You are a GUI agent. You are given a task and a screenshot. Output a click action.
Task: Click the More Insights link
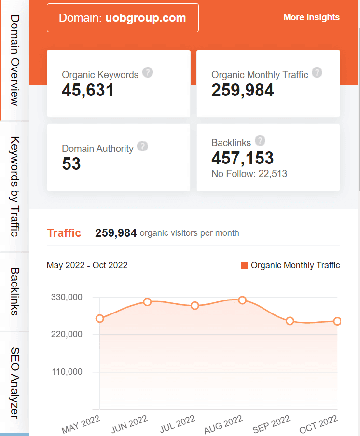click(311, 17)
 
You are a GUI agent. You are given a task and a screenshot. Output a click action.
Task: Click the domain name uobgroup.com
click(145, 18)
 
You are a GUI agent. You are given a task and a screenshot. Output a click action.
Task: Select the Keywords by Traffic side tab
click(14, 187)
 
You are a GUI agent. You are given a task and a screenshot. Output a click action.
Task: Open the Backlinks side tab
click(14, 292)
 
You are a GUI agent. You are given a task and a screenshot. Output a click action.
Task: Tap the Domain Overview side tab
click(14, 60)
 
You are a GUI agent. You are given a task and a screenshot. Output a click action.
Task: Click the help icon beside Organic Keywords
click(148, 73)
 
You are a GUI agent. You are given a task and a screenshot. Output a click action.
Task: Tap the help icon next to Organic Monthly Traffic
click(317, 73)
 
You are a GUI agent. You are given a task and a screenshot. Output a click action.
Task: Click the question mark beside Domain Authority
click(142, 147)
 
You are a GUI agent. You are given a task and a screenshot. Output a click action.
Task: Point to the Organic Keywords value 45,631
click(88, 90)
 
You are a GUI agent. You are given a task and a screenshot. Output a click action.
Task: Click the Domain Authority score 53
click(71, 164)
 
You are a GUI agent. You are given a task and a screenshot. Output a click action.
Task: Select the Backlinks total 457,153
click(242, 158)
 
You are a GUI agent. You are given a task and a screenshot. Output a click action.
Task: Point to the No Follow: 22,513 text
click(249, 174)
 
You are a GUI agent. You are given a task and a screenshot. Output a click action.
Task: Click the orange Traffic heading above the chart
click(64, 233)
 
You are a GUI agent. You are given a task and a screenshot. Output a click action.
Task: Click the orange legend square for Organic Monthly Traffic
click(244, 265)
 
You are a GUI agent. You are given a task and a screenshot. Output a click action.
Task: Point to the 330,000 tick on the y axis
click(67, 297)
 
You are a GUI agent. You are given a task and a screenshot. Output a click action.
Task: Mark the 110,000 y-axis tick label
click(67, 372)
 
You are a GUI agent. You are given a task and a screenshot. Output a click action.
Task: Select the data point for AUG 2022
click(242, 300)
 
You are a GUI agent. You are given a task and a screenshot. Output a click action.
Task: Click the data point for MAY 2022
click(100, 318)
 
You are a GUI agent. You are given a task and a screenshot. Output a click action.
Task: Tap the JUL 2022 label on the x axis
click(178, 423)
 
